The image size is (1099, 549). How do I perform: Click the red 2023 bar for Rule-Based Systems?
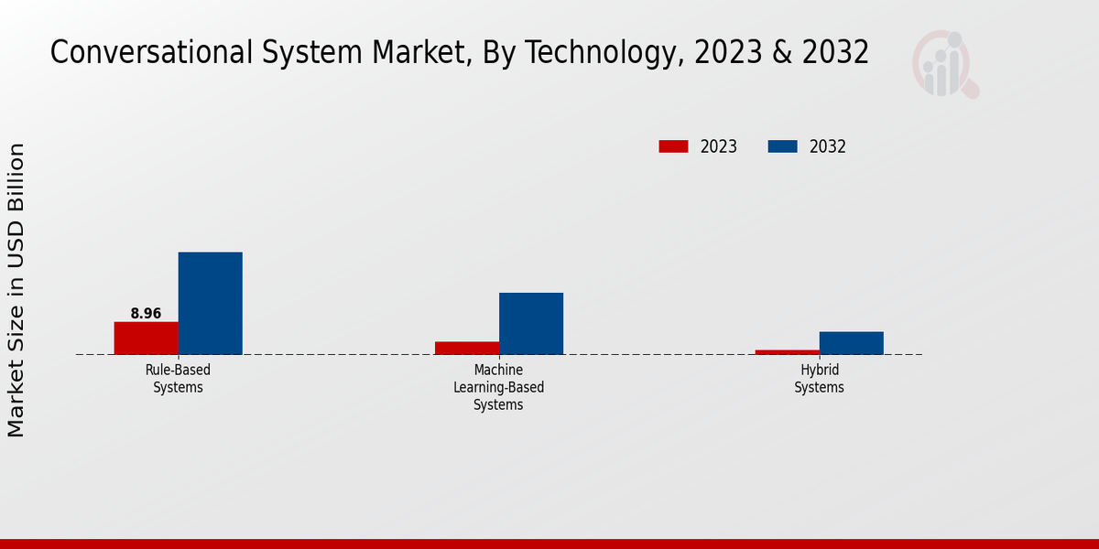click(146, 338)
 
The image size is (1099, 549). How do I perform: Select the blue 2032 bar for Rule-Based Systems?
click(210, 303)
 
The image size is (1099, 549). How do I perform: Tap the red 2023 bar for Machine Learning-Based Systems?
click(467, 348)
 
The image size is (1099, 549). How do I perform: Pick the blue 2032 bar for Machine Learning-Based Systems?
click(531, 323)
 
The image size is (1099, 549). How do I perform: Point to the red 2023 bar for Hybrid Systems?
click(788, 351)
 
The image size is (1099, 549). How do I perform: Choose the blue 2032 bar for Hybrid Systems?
click(852, 343)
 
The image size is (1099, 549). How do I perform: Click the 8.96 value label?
click(146, 314)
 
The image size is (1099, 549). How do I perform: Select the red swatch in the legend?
click(673, 146)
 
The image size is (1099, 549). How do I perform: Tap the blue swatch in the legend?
click(782, 146)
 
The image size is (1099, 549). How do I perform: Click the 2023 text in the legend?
click(719, 146)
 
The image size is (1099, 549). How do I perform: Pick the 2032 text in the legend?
click(828, 146)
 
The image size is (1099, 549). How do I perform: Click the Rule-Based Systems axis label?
click(178, 379)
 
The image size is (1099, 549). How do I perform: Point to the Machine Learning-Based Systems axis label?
click(498, 387)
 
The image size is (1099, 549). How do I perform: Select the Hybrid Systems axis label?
click(819, 379)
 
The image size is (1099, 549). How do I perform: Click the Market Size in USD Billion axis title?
click(16, 290)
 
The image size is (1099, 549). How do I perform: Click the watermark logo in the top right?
click(944, 64)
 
